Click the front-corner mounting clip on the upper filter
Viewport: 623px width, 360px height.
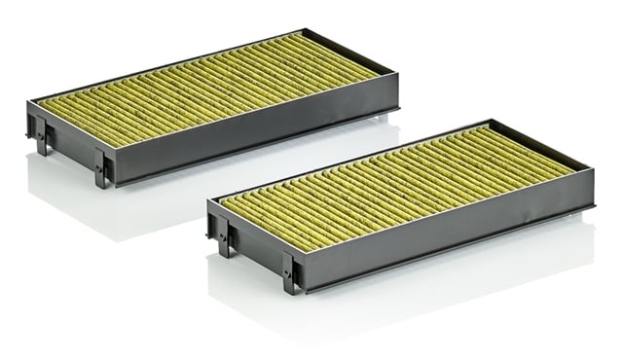pyautogui.click(x=102, y=167)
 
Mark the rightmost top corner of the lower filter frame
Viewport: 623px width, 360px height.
pyautogui.click(x=594, y=168)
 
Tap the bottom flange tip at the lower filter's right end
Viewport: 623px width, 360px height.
pyautogui.click(x=595, y=208)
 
